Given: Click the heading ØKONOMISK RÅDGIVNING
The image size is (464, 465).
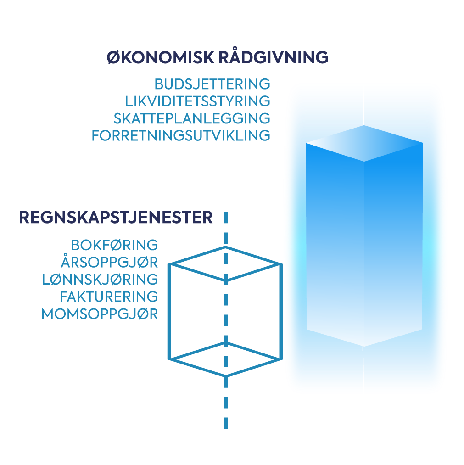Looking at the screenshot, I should pos(218,57).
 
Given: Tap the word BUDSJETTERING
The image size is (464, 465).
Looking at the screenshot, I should pos(212,84).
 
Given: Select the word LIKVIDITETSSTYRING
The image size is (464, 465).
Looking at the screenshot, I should pos(197,101).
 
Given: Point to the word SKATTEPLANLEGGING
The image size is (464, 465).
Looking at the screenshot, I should pos(192,118).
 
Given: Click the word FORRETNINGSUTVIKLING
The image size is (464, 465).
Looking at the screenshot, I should pos(181,135).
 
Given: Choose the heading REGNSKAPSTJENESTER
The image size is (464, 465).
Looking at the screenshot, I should pos(116,218).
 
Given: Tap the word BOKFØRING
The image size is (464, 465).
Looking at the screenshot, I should pos(114,245).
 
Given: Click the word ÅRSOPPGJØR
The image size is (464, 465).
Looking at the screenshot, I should pos(109,262).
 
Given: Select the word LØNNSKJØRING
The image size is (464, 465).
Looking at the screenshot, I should pos(100,279).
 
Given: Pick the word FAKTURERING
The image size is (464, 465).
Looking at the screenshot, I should pos(109,296).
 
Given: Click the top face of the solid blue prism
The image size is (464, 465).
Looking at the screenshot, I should pos(364,143).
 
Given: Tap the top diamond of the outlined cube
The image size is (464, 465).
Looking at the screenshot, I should pos(225,263).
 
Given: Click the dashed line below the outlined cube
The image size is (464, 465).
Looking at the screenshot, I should pos(226,404).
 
